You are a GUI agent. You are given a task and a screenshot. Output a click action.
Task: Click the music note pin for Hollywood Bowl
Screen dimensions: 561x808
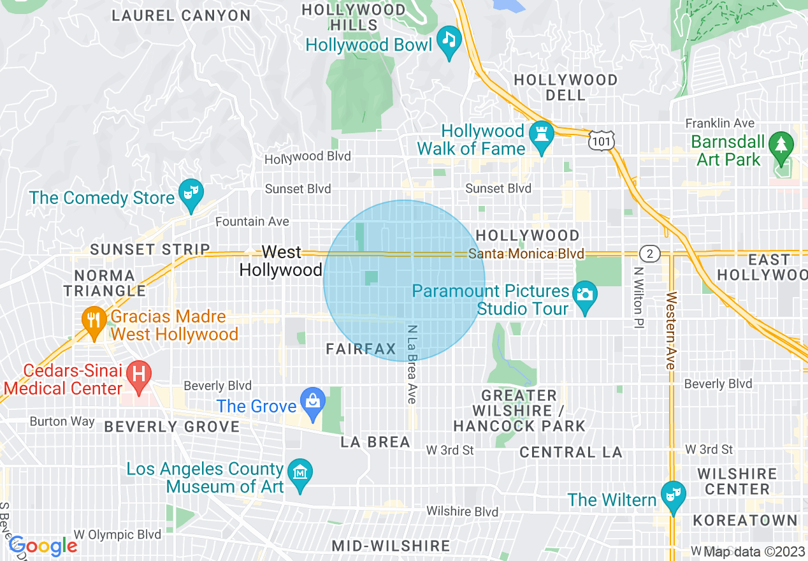450,41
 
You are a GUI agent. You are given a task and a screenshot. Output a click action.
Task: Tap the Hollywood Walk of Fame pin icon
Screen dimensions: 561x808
541,136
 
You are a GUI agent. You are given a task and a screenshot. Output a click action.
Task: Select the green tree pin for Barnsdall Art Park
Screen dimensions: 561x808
781,145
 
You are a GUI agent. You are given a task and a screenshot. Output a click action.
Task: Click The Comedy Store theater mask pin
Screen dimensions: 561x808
191,193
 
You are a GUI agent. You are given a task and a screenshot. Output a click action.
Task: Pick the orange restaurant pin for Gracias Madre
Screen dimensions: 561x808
94,320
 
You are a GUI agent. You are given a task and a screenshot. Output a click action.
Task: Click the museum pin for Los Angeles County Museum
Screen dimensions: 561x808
299,474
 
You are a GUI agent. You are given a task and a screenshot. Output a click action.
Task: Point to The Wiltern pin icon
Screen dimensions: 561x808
672,495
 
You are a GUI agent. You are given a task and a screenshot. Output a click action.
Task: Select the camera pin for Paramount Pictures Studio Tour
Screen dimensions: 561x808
584,296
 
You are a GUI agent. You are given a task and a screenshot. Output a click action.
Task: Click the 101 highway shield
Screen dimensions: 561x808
601,140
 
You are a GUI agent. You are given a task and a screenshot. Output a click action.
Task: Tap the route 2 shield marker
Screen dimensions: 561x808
649,254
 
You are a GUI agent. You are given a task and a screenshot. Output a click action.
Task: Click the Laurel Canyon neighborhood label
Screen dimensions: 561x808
181,16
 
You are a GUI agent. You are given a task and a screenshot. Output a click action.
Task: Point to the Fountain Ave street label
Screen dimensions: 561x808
252,222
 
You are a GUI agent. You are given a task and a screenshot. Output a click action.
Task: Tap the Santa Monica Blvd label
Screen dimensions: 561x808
526,254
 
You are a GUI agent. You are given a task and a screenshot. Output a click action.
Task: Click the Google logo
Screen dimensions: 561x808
43,546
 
